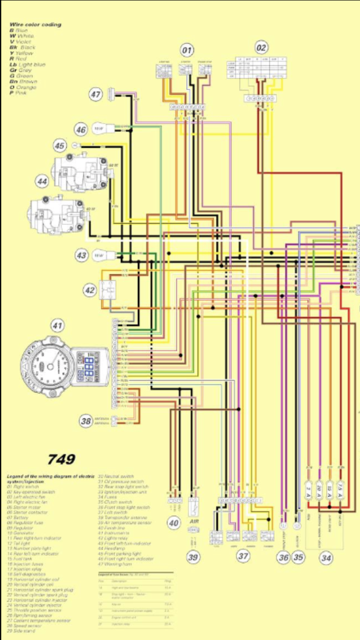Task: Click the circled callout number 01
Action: [x=187, y=49]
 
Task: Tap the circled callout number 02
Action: [x=262, y=47]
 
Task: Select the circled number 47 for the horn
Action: [x=96, y=95]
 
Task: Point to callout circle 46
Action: [x=81, y=129]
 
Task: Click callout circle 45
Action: [x=60, y=145]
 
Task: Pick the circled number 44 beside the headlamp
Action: [x=42, y=181]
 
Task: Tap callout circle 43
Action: [x=81, y=256]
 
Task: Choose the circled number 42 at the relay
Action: [x=89, y=290]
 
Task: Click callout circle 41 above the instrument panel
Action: [x=58, y=326]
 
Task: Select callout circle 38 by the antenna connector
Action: [x=86, y=421]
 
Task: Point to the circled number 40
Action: [x=174, y=522]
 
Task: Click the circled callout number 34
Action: [x=326, y=557]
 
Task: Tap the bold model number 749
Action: [x=61, y=459]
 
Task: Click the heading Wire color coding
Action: [x=35, y=24]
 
